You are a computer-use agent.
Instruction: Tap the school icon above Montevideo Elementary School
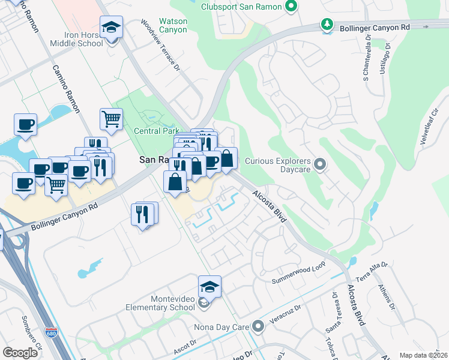coord(209,287)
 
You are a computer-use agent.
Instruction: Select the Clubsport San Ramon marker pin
coord(291,7)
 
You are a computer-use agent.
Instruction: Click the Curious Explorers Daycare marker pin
coord(319,163)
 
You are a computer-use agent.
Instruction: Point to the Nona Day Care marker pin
coord(258,327)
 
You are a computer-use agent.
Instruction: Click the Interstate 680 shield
coord(51,332)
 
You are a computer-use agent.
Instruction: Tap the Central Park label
coord(156,130)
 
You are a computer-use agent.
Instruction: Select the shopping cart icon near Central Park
coord(112,119)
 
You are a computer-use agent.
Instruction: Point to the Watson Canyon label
coord(172,25)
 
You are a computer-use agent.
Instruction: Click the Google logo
coord(20,352)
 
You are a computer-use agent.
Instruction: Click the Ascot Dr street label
coord(185,343)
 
